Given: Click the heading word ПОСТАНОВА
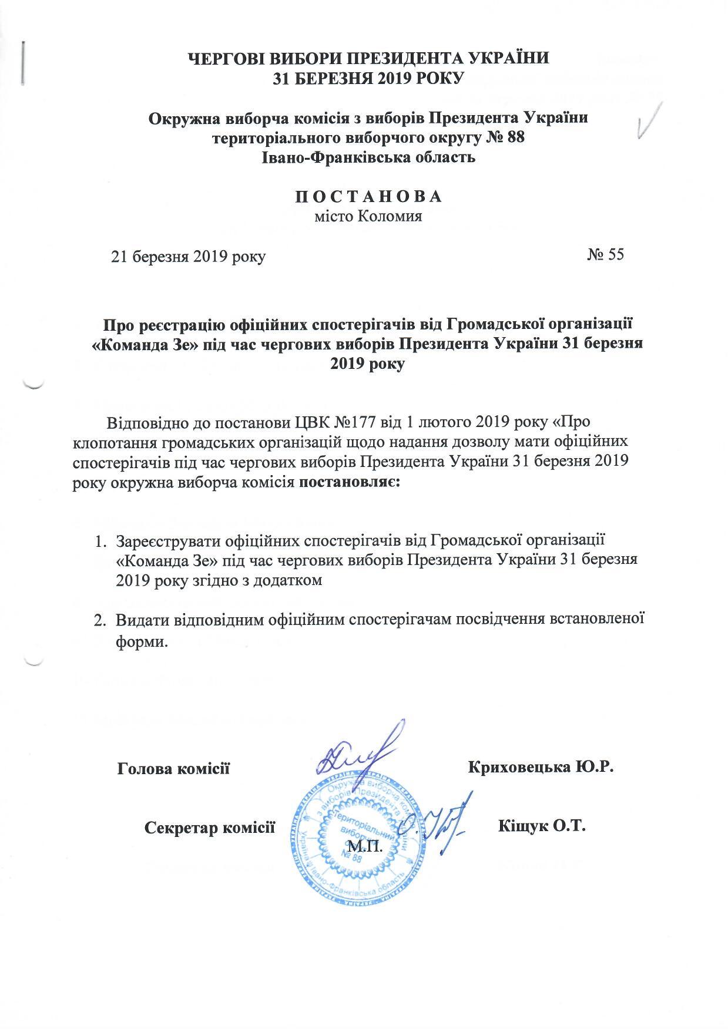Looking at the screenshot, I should tap(368, 196).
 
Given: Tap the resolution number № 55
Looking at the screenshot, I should tap(605, 255).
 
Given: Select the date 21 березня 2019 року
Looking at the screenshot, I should tap(189, 257).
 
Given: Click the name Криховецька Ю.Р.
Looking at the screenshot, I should tap(541, 768).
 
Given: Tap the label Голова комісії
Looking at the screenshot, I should tap(173, 768).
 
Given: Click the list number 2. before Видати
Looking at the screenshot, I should tap(101, 621).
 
